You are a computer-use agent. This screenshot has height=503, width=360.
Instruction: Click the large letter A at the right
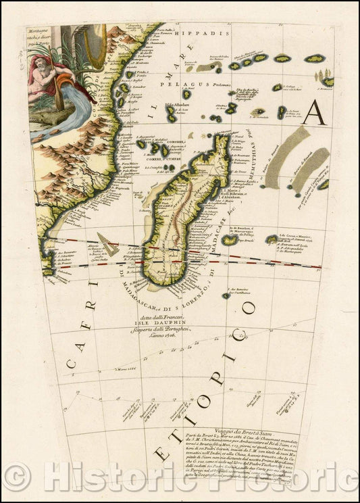point(314,112)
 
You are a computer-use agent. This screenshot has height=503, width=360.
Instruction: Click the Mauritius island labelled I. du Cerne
point(272,239)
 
